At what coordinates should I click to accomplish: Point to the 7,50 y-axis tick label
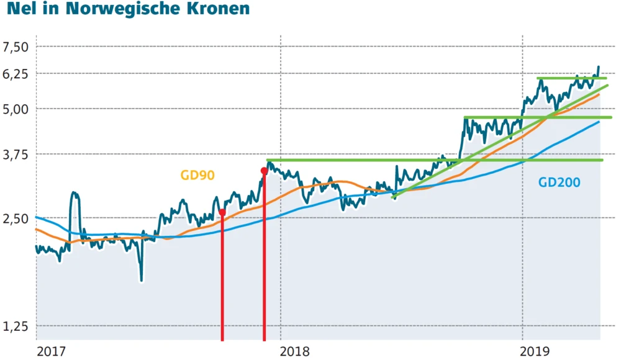(x=16, y=47)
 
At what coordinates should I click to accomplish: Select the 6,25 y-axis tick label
(x=16, y=74)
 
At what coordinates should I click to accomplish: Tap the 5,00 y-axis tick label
(x=16, y=109)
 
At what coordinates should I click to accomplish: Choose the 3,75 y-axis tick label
(x=16, y=154)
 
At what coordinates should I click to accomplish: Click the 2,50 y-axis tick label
(x=16, y=218)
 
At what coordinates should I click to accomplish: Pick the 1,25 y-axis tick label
(x=16, y=326)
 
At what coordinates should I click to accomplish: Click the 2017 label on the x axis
(x=51, y=351)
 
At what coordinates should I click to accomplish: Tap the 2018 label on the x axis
(x=296, y=351)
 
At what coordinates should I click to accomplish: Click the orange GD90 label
(x=197, y=176)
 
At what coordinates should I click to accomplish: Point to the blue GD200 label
(x=559, y=182)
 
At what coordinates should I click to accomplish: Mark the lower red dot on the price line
(x=222, y=212)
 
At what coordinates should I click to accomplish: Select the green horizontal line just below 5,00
(x=537, y=117)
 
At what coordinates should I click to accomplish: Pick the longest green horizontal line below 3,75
(x=435, y=160)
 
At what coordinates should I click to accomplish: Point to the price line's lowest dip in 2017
(x=142, y=279)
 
